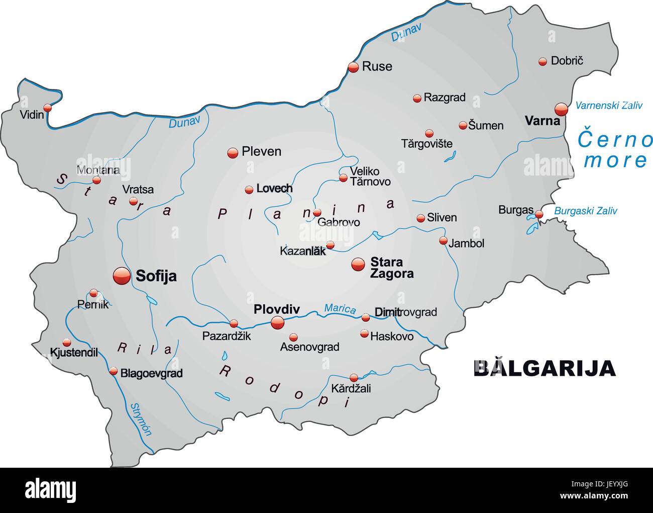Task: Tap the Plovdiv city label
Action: pos(276,309)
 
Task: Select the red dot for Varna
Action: pos(561,109)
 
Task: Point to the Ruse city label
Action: pos(377,66)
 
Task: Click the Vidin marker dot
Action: pos(47,107)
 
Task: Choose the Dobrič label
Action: pos(567,61)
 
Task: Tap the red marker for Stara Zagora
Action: pos(358,264)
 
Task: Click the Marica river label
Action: pos(340,308)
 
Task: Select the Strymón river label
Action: pos(141,418)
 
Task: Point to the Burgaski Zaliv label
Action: pos(585,211)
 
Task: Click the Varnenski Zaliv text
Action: pos(608,106)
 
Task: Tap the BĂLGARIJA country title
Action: pos(545,368)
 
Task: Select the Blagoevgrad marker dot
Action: pos(113,371)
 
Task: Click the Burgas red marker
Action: pos(539,214)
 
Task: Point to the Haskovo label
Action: pos(391,336)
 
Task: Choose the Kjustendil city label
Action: pos(74,353)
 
